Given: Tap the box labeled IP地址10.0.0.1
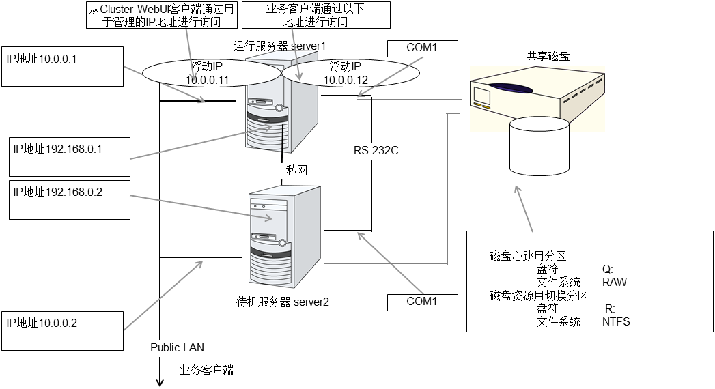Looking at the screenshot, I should point(61,66).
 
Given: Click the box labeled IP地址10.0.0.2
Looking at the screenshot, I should point(62,331).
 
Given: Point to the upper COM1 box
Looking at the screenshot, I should point(421,48).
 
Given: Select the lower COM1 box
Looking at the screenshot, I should point(421,302).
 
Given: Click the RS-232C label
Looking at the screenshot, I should point(376,149).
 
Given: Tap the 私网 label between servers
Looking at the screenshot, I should point(296,169).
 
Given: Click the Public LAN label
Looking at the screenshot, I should point(177,347).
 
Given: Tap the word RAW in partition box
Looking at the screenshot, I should point(614,282).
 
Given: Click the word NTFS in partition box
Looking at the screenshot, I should point(616,321).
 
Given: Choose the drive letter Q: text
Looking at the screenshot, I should point(608,269).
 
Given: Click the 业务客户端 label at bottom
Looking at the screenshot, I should point(206,370).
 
